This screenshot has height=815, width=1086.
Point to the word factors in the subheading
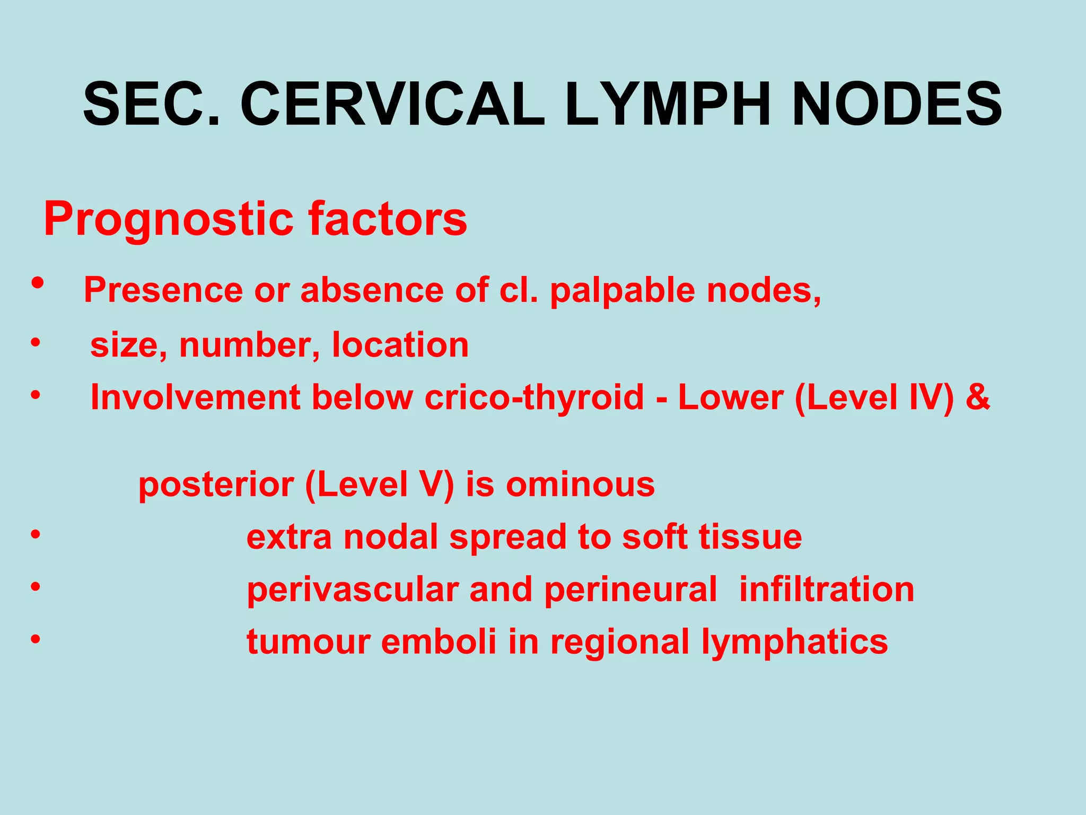(388, 219)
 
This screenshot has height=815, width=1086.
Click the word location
(400, 345)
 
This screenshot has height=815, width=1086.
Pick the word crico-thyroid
(534, 397)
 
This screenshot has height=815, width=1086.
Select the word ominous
(580, 485)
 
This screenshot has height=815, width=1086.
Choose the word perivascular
(352, 591)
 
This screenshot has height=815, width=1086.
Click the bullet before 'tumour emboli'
(35, 639)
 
